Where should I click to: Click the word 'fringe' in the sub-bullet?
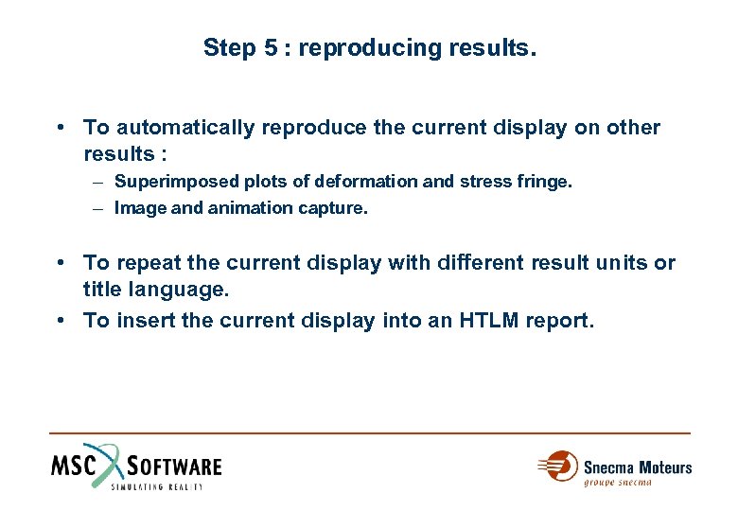(x=547, y=181)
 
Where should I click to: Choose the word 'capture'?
(x=334, y=208)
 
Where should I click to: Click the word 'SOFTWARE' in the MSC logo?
(x=175, y=466)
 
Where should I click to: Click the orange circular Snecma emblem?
(x=561, y=466)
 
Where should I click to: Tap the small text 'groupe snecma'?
(x=618, y=483)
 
